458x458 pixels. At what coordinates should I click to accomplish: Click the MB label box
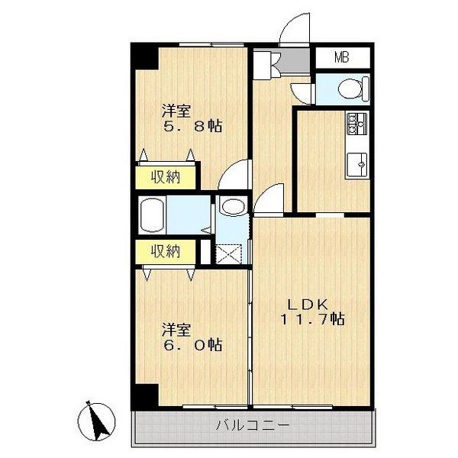pyautogui.click(x=342, y=56)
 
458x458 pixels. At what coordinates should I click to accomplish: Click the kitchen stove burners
pyautogui.click(x=356, y=122)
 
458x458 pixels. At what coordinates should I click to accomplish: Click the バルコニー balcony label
pyautogui.click(x=251, y=425)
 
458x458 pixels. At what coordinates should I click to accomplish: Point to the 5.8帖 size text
pyautogui.click(x=193, y=126)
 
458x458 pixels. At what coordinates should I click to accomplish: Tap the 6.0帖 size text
pyautogui.click(x=193, y=345)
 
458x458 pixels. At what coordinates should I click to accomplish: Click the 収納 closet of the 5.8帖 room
pyautogui.click(x=164, y=177)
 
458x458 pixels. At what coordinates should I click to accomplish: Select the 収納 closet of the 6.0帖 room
pyautogui.click(x=164, y=250)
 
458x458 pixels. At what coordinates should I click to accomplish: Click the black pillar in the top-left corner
pyautogui.click(x=143, y=57)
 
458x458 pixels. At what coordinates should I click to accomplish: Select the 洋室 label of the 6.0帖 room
pyautogui.click(x=175, y=329)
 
